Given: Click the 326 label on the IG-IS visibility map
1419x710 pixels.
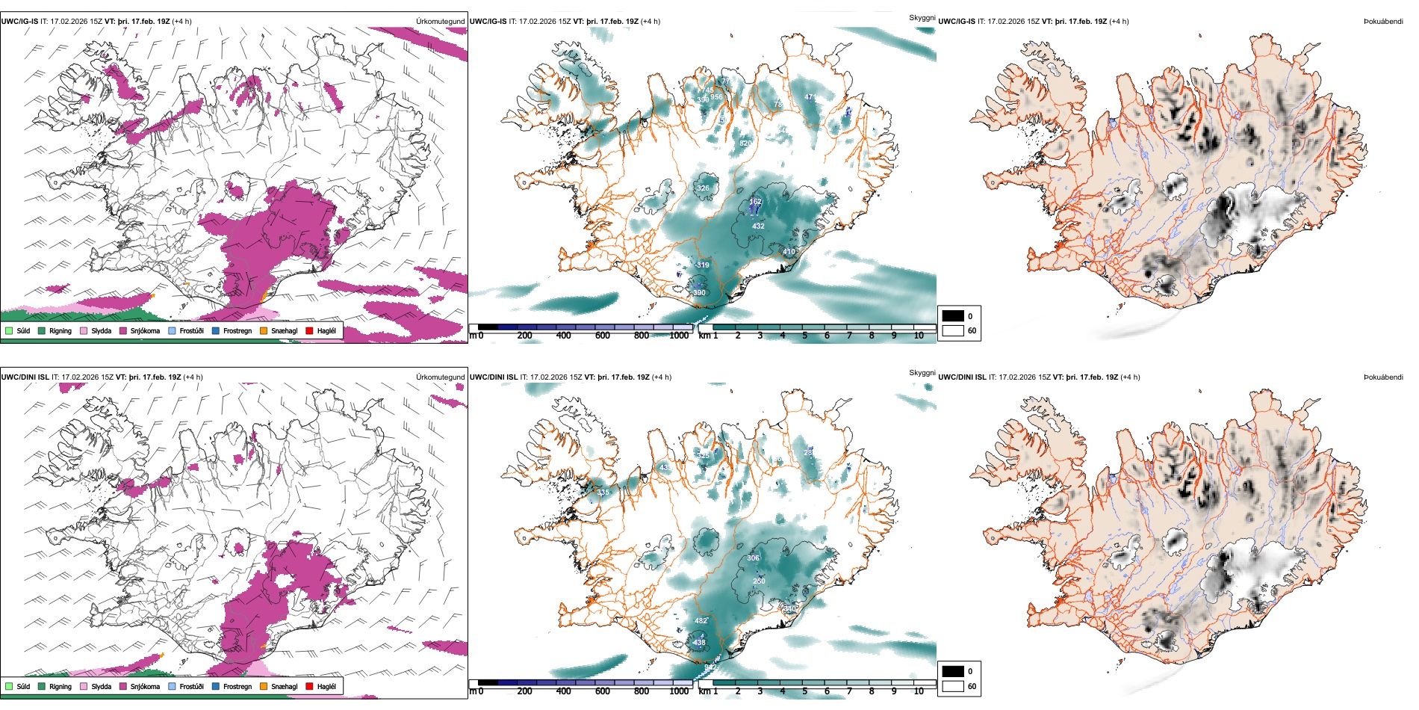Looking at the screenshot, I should coord(703,188).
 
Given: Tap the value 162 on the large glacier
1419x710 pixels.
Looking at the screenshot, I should coord(755,202).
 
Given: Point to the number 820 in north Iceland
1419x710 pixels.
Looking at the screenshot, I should coord(745,143).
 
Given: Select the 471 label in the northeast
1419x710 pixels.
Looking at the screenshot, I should coord(810,97).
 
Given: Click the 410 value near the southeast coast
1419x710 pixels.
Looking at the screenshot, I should coord(789,252).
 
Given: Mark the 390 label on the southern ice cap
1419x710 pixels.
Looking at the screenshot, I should coord(699,293).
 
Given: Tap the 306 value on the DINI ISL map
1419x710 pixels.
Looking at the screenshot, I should coord(753,558).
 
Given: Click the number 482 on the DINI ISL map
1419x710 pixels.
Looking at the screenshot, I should coord(701,621).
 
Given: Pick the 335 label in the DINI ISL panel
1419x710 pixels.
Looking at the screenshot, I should coord(603,493).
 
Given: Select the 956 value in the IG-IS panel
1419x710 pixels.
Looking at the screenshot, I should coord(716,97).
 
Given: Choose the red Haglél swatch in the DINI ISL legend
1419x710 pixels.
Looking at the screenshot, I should coord(309,687).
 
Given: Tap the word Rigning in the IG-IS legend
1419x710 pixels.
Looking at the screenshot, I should coord(60,331).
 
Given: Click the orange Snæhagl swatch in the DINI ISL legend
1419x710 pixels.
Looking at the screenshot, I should coord(264,687).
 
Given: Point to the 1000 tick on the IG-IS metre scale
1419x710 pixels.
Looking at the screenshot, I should coord(679,336).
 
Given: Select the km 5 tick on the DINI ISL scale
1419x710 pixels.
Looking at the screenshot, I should coord(804,691).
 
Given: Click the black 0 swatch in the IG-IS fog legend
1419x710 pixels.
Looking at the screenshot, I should coord(953,316).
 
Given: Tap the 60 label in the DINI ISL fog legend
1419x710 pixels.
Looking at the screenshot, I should coord(972,686).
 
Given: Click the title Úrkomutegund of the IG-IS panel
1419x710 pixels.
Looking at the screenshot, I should coord(440,22).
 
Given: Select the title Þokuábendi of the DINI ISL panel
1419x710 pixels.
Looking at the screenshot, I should coord(1383,377).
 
